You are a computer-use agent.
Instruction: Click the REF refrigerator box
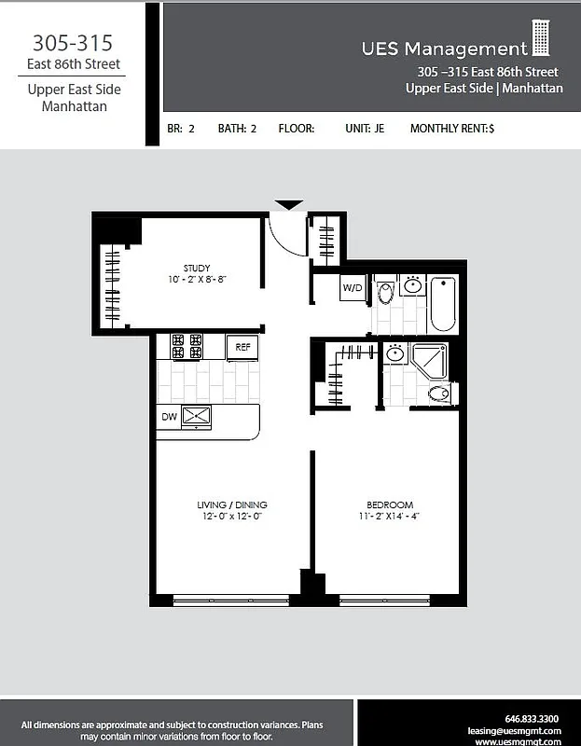tap(242, 347)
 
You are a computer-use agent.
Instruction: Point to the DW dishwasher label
tap(169, 416)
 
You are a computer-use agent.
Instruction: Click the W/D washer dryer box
tap(353, 288)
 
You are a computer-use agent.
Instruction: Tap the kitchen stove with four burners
tap(187, 347)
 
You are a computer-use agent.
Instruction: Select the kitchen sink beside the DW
tap(197, 416)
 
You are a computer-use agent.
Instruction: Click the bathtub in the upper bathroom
tap(443, 304)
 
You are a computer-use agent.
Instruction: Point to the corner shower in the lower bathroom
tap(430, 360)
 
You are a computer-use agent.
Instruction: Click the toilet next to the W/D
tap(386, 293)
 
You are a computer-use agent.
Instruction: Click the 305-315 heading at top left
tap(74, 43)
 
